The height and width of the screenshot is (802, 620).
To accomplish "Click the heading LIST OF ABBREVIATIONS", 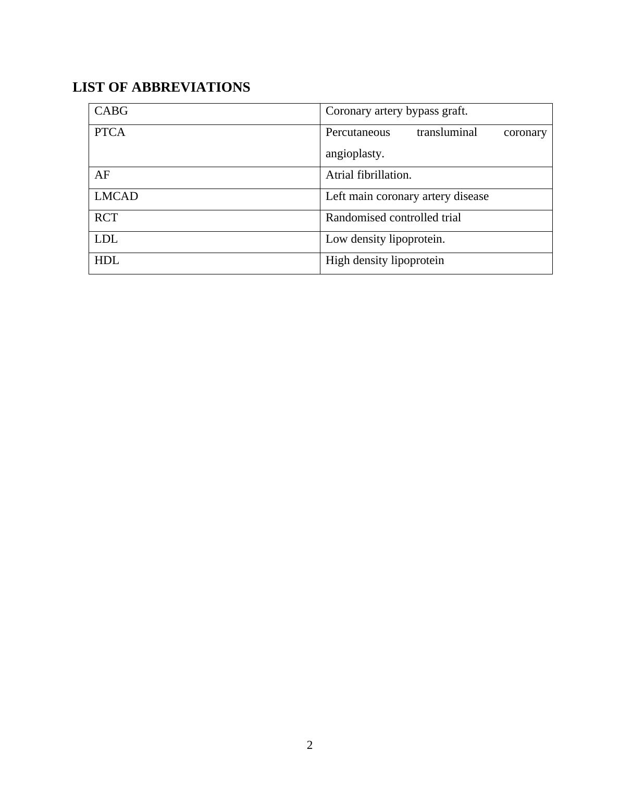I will point(161,87).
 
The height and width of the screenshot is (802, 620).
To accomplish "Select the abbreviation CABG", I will point(111,111).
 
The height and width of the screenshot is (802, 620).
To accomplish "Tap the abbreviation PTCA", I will point(110,132).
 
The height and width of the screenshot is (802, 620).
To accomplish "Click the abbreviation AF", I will point(102,175).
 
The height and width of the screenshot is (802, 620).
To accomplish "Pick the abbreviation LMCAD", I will point(116,196).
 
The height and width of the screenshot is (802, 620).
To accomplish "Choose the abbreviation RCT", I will point(106,218).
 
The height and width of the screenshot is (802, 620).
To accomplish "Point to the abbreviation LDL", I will point(106,239).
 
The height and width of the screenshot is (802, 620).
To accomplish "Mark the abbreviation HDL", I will point(107,260).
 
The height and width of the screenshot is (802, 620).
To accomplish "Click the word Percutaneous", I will point(357,132).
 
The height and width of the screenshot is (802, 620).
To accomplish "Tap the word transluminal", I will point(447,132).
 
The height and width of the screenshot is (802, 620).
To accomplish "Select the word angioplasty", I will point(354,154).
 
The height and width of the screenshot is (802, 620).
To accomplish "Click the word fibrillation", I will point(384,175).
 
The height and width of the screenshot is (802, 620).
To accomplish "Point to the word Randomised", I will point(356,218).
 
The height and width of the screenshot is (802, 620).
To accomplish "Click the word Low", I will point(336,239).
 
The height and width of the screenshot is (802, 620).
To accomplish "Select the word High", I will point(338,260).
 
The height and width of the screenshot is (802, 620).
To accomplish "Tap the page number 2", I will point(310,745).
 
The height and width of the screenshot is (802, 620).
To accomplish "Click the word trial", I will point(451,218).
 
